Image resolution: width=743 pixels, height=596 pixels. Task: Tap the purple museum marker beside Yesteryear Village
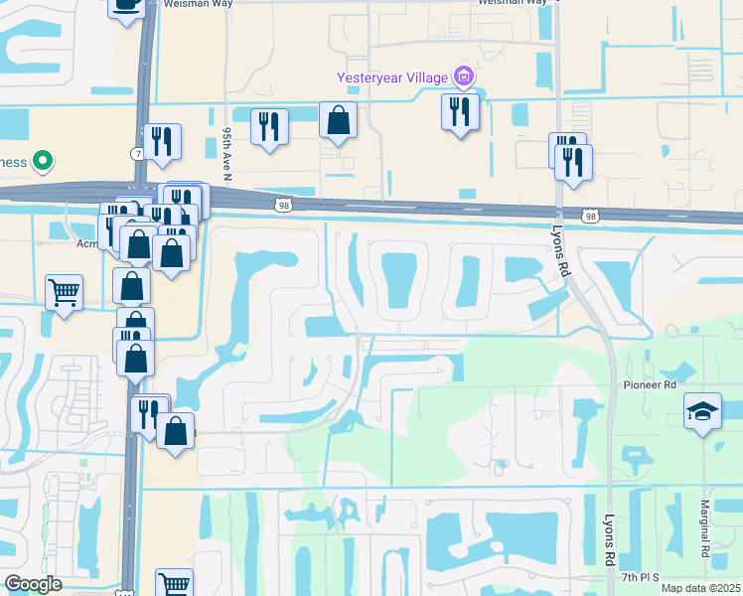tap(463, 75)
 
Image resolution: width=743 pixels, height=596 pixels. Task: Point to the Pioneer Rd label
tap(650, 383)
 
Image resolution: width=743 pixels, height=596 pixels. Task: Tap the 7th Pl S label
tap(643, 577)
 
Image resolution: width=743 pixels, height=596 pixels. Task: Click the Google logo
tap(33, 584)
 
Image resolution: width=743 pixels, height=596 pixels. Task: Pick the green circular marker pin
tap(42, 160)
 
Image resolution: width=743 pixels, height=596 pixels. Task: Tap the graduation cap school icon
tap(702, 410)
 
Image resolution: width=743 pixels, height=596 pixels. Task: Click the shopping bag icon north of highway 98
tap(338, 121)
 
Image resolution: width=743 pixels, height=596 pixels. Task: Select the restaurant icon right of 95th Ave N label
tap(269, 126)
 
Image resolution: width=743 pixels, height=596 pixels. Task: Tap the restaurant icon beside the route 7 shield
tap(162, 142)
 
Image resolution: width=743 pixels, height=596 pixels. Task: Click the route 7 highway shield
tap(137, 153)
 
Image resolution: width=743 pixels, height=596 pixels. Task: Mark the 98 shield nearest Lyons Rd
tap(591, 216)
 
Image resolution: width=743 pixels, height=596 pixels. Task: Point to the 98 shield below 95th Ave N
tap(281, 204)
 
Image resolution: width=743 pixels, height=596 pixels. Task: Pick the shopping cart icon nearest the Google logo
tap(174, 584)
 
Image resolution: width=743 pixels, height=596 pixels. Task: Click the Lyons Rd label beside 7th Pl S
tap(610, 538)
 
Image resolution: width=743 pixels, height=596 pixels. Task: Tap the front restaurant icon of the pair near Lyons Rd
tap(574, 162)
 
